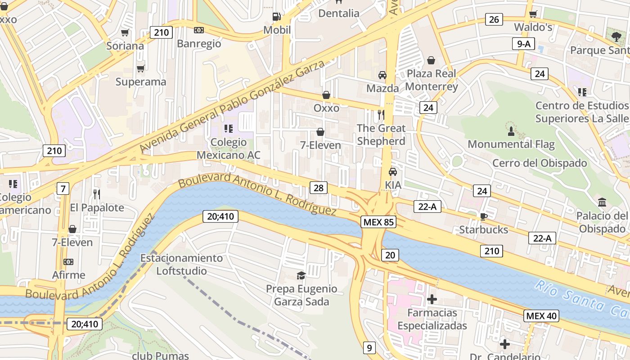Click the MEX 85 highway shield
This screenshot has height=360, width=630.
378,222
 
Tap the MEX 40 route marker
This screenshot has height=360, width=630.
541,316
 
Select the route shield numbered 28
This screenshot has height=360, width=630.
318,188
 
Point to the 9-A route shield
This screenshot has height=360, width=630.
523,44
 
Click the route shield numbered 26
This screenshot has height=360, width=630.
494,19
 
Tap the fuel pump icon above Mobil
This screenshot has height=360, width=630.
277,17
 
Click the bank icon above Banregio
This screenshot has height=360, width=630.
198,30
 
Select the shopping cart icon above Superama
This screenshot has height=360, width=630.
141,68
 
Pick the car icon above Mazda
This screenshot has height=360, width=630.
382,75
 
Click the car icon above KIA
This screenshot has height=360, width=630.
393,171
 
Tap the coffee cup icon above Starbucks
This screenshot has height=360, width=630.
483,216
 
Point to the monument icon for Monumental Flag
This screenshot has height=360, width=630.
511,131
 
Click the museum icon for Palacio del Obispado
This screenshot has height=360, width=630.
602,202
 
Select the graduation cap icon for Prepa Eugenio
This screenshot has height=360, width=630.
301,275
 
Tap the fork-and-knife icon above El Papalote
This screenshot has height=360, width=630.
97,194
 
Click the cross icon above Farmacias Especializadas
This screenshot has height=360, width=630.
432,299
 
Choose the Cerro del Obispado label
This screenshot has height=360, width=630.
540,163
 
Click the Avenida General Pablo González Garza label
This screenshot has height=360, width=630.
232,106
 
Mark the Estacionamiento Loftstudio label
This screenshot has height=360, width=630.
181,264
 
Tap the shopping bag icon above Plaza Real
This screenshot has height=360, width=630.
431,60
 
